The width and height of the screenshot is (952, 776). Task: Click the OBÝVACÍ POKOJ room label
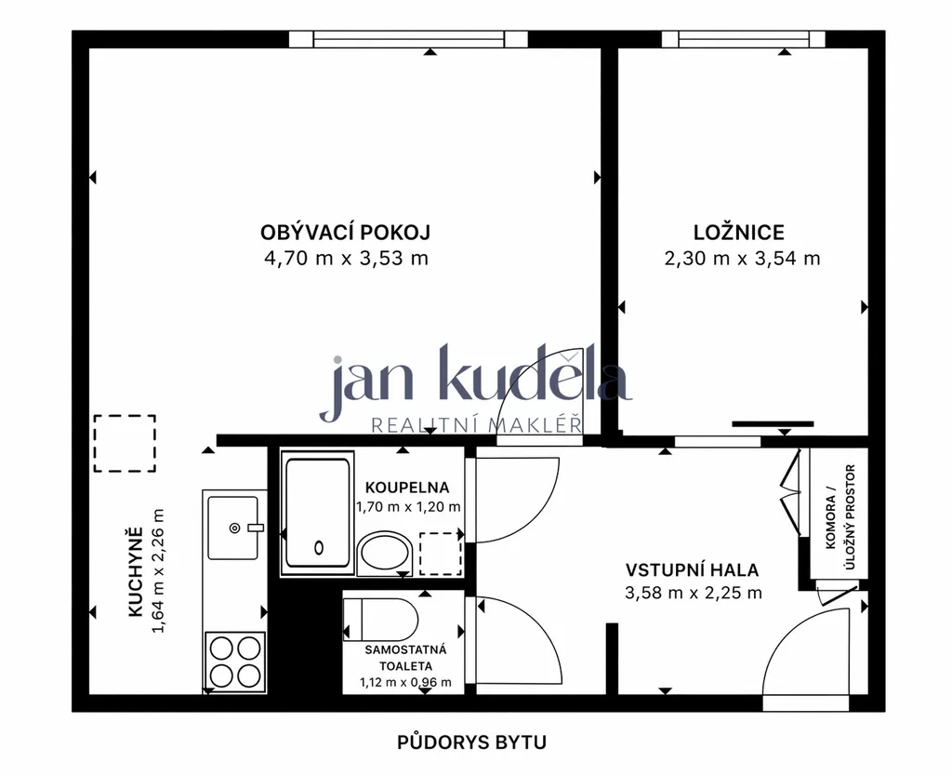tap(346, 233)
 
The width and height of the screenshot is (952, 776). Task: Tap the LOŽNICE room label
tap(739, 232)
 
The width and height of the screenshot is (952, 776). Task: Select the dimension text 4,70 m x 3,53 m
tap(346, 259)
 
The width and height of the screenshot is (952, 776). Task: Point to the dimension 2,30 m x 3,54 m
tap(742, 259)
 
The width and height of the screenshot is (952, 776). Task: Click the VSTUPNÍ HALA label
tap(692, 570)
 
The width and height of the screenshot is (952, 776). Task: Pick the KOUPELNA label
tap(407, 488)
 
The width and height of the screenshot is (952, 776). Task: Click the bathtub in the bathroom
tap(318, 514)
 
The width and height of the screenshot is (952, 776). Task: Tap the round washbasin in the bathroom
tap(385, 553)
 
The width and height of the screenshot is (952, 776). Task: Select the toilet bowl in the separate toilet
tap(380, 620)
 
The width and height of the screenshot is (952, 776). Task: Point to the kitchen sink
tap(233, 528)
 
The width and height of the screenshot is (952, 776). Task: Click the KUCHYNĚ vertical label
tap(136, 572)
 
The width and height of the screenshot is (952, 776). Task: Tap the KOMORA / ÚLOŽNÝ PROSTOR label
tap(840, 517)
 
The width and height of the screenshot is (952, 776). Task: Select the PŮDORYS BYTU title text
tap(471, 743)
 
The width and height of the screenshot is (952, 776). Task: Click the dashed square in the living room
tap(125, 444)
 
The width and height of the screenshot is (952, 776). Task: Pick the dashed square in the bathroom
tap(441, 554)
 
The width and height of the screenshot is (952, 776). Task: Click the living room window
tap(408, 39)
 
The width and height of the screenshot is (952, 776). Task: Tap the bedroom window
tap(743, 39)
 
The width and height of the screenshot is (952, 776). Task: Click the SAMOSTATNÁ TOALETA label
tap(405, 658)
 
